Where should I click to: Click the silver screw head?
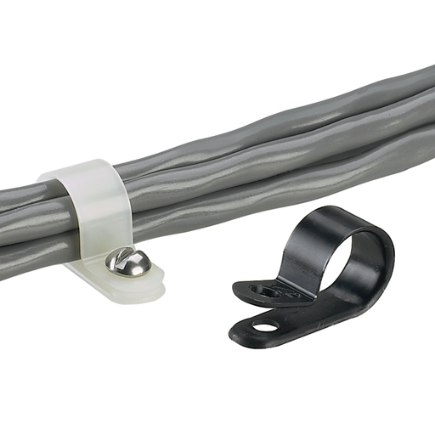click(128, 262)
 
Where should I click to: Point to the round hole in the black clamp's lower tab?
click(267, 325)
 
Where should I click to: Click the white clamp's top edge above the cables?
click(81, 170)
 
